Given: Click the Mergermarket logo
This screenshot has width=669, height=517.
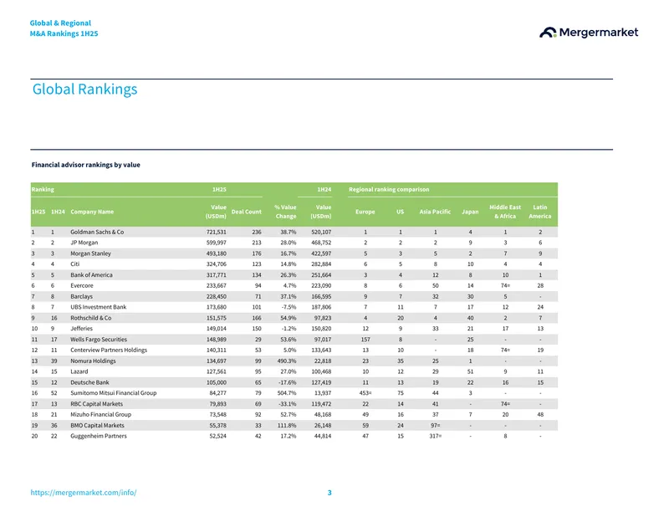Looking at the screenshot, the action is [589, 33].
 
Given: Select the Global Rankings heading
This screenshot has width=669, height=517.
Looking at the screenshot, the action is [85, 90].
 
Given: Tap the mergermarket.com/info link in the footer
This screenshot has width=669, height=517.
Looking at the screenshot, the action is [84, 492].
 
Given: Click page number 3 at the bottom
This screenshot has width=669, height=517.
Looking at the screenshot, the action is [329, 493].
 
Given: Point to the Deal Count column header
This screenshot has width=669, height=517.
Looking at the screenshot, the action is [246, 212].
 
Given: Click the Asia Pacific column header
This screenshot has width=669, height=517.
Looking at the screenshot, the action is [435, 212].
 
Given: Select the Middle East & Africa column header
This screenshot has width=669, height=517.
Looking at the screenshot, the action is [505, 212].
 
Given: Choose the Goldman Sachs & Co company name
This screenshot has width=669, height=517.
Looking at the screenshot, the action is [97, 233].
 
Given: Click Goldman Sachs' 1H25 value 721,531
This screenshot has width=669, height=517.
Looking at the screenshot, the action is [217, 233].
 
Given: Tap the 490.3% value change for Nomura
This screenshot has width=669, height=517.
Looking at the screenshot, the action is [286, 361].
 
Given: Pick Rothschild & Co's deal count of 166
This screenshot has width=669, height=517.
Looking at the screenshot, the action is [257, 318].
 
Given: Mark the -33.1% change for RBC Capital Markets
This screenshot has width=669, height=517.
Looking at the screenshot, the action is [287, 404].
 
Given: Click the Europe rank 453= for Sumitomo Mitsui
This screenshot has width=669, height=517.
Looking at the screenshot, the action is [365, 393].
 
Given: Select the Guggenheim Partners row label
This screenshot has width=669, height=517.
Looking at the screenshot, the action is [99, 437].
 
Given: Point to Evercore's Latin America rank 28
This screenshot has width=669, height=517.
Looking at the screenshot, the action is [540, 285].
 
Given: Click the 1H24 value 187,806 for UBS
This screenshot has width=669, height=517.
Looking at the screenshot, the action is [321, 307].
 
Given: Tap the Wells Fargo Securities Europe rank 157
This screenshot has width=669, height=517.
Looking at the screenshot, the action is [365, 340].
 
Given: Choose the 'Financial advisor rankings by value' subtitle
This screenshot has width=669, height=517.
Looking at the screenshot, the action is [86, 165].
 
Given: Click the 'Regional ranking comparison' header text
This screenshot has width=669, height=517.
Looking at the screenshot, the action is [389, 190].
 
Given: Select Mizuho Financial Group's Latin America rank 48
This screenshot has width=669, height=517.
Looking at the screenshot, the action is [540, 415].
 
